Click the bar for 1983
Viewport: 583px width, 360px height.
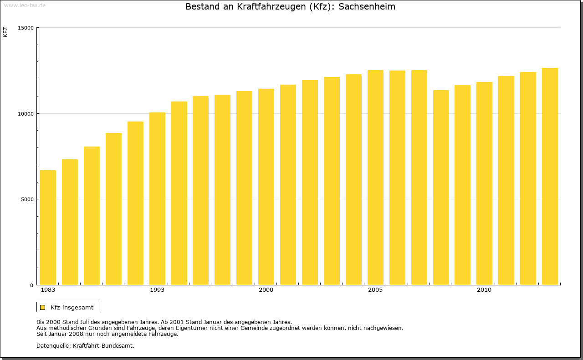pos(48,228)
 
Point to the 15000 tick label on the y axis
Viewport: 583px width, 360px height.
pos(26,28)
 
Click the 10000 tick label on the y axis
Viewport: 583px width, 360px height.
pos(26,113)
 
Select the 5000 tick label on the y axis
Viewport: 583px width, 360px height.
pos(27,199)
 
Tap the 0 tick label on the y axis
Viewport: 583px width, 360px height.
pos(32,285)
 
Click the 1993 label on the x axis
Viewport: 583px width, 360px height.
pos(157,290)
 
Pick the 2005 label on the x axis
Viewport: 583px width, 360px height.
pos(375,290)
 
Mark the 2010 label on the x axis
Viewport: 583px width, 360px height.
pos(484,290)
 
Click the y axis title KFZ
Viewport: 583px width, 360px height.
pos(5,32)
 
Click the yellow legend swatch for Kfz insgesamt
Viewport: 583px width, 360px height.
pos(43,307)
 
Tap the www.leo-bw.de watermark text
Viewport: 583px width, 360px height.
pos(24,5)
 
